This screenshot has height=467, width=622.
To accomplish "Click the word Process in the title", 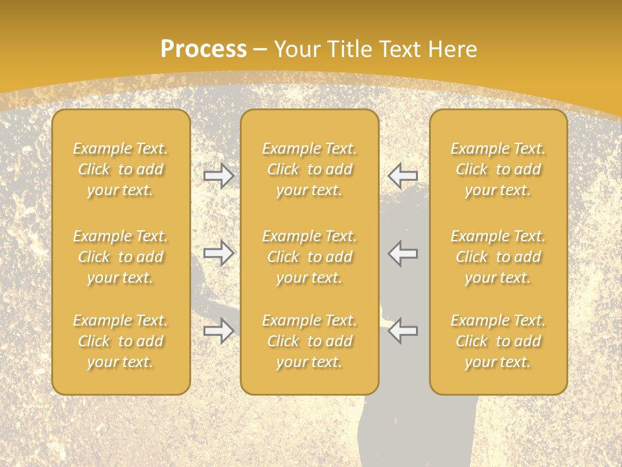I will coord(203,49).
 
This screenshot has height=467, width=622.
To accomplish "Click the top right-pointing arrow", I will coord(218,176).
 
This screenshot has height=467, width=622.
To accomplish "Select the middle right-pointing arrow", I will coord(218,253).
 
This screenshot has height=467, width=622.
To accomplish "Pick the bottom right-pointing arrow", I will coord(218,331).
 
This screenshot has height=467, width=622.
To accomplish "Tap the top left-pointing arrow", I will coord(403,176).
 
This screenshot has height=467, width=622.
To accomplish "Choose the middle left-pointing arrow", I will coord(403,253).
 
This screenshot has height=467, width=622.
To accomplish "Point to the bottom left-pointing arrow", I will coord(403,331).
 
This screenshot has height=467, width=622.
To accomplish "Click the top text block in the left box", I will coord(121,169).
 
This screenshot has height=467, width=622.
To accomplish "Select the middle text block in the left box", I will coord(121,257).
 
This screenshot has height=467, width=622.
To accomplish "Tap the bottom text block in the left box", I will coord(121,341).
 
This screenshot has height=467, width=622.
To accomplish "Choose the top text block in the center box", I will coord(310,169).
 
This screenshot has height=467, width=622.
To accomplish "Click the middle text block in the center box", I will coord(310,257).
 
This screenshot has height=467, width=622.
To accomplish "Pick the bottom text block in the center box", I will coord(310,341).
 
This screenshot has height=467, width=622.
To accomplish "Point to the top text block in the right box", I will coord(498,169).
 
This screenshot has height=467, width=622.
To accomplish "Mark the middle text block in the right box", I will coord(498,257).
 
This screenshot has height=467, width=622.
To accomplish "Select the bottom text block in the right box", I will coord(498,341).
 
